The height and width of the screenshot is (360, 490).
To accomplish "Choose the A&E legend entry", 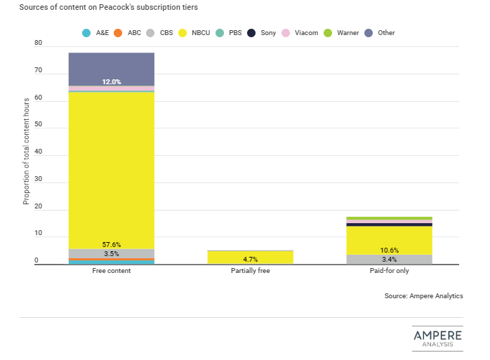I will (x=97, y=33).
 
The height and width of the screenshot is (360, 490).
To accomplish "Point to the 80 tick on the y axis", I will (x=38, y=44).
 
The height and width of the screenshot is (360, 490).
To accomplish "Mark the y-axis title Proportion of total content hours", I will (x=26, y=151).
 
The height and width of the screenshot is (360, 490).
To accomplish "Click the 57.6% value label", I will (x=111, y=245).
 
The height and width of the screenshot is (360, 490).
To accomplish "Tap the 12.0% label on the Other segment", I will (x=111, y=82).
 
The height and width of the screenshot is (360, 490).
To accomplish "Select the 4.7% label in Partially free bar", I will (x=250, y=259).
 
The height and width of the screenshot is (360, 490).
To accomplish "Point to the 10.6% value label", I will (x=389, y=251).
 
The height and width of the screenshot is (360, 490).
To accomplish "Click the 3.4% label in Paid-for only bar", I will (x=389, y=260).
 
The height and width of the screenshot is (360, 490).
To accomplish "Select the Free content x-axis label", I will (x=111, y=271).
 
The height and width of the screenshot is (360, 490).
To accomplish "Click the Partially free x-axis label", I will (x=250, y=271).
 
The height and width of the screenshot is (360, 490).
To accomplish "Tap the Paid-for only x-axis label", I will (x=389, y=271).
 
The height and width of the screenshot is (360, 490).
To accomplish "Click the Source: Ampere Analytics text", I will (x=423, y=296).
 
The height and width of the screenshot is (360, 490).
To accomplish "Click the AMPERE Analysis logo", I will (x=437, y=337).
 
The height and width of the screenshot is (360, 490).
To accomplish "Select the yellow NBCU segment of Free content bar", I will (x=111, y=168).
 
